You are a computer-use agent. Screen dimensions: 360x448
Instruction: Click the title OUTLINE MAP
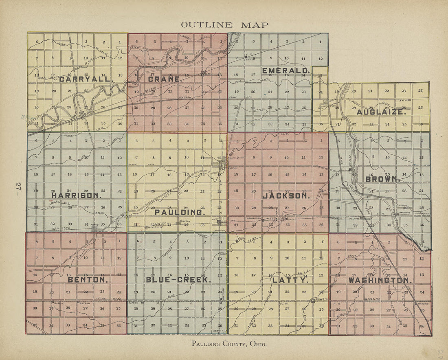point(224,25)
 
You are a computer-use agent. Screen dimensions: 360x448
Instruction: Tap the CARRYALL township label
point(86,79)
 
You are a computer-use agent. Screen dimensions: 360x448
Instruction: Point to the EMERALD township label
point(286,71)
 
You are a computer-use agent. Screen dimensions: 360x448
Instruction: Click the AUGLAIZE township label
point(382,112)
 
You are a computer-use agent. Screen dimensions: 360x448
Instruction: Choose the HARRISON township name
point(76,195)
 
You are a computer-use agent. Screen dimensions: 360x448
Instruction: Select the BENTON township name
point(88,280)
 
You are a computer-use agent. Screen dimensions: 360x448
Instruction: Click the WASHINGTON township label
point(380,281)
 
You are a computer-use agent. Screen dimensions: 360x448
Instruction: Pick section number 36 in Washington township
point(422,326)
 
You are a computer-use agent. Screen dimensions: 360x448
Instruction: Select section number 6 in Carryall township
point(37,42)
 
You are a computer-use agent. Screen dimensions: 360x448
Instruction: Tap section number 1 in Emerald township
point(320,42)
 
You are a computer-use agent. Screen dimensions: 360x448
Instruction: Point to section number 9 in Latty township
point(270,258)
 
